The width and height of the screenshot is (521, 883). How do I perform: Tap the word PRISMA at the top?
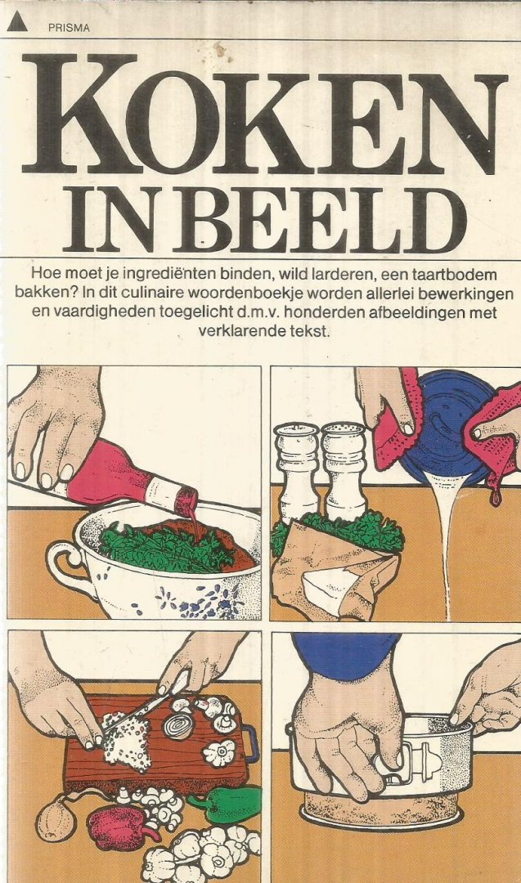69,28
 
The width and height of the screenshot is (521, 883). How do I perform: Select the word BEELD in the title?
319,221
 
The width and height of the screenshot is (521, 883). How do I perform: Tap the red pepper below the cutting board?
121,827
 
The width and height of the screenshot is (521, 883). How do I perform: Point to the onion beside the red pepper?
56,818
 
